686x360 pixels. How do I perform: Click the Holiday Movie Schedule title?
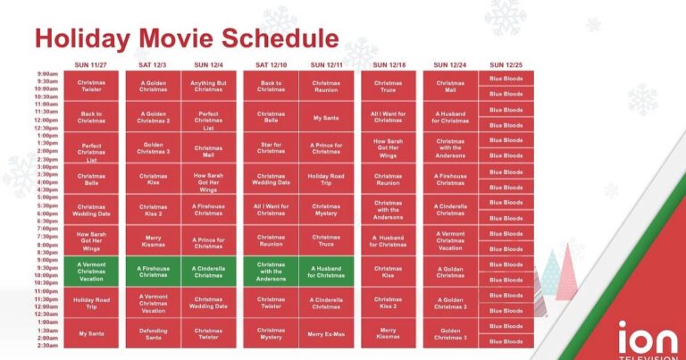coord(186,38)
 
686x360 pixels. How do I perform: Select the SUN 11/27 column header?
coord(91,65)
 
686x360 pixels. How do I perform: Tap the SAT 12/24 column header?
coord(450,65)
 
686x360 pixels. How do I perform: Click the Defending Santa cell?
coord(153,334)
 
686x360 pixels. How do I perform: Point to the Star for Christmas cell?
coord(271,147)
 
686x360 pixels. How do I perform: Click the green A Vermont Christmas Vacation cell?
coord(91,272)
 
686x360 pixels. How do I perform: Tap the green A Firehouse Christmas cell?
coord(153,272)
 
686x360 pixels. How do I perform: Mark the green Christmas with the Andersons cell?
coord(271,272)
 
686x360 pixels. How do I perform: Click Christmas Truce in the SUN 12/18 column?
coord(388,86)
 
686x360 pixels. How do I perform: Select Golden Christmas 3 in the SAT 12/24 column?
coord(450,334)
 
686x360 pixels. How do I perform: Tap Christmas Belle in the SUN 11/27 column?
coord(91,179)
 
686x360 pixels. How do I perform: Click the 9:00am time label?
coord(47,74)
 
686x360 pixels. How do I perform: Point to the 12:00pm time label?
coord(46,120)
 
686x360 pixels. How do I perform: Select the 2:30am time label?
coord(47,345)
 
